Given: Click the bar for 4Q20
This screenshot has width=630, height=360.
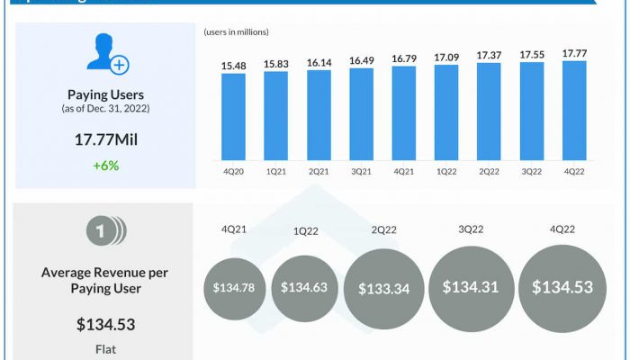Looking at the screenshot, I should (x=233, y=115).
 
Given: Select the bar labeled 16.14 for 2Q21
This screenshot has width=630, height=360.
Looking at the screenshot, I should (x=319, y=113).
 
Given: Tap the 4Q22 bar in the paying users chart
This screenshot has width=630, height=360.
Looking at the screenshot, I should (x=574, y=110).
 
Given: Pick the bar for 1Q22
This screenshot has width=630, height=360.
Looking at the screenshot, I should (x=446, y=112).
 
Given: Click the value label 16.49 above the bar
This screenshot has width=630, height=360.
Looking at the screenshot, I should (x=361, y=60).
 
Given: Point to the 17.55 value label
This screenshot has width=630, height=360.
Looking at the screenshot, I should (x=532, y=54).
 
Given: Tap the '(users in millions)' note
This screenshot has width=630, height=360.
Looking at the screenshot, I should (x=237, y=32).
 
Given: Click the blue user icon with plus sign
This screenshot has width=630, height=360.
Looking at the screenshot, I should (x=106, y=56).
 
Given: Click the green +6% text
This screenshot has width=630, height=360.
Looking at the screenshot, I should (x=105, y=165).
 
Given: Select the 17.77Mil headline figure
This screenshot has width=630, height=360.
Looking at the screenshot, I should (x=105, y=139).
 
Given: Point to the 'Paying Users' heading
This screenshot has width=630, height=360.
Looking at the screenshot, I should (x=105, y=94).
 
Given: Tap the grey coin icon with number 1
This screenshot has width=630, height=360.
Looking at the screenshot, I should (x=105, y=233).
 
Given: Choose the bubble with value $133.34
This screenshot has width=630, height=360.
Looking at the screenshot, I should (x=384, y=289).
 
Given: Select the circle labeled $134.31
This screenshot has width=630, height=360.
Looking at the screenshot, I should (x=472, y=287).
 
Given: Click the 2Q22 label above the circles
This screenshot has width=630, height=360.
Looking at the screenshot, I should (x=384, y=230).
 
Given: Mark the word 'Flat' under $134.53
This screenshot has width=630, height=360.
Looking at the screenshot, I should (x=105, y=347).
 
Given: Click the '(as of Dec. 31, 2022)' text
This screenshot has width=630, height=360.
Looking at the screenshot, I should (x=105, y=109).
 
